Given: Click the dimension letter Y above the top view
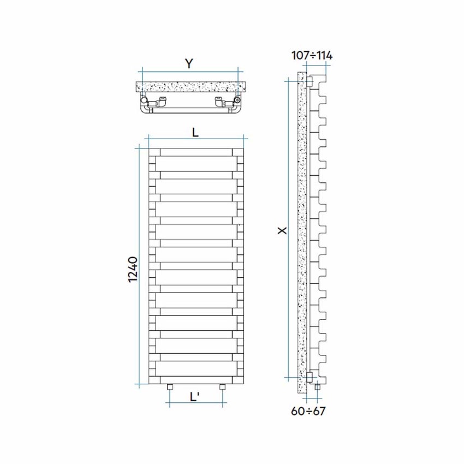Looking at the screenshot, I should coord(189,63).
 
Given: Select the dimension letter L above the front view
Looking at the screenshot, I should coord(195,132).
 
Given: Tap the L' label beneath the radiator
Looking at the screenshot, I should coord(194,397).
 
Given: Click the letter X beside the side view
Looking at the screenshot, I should coord(282,231).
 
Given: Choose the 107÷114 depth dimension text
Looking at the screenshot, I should coord(312,55).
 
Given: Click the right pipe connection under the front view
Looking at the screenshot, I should coord(222,388).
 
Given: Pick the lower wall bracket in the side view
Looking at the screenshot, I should coord(310,376).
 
